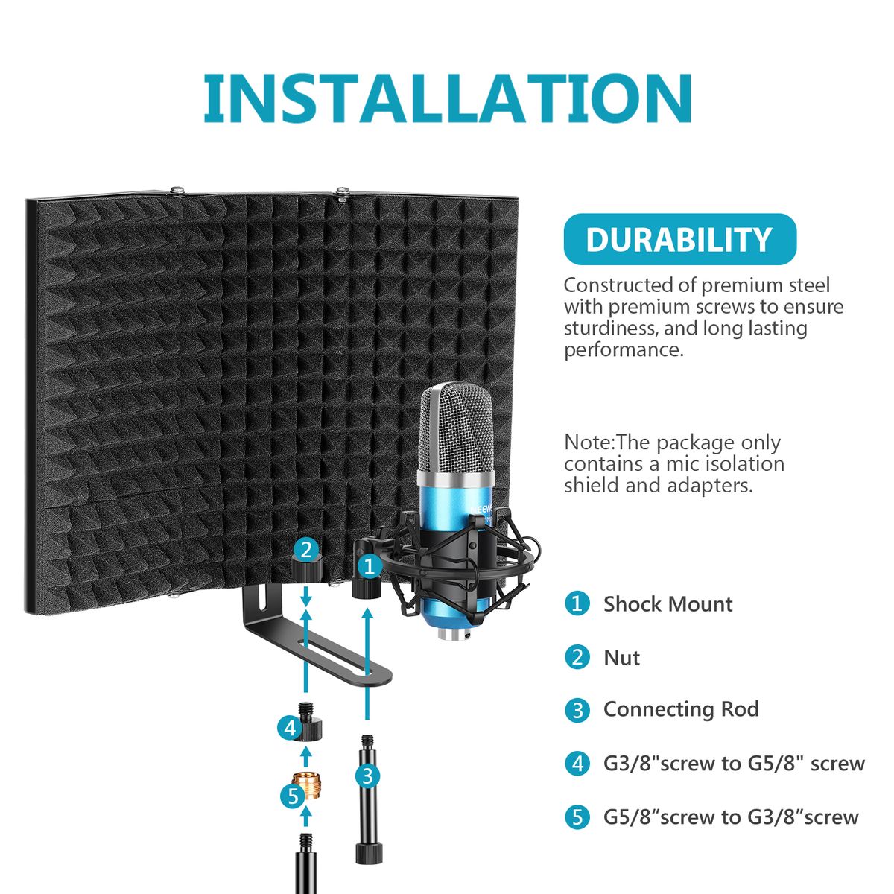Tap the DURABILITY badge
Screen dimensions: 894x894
pos(679,239)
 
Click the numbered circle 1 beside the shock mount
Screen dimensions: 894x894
pos(370,566)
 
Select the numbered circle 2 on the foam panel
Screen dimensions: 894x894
pos(306,551)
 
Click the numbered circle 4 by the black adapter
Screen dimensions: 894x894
pos(290,728)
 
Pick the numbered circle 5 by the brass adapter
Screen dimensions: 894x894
pos(293,796)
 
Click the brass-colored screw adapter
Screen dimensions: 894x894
pos(307,787)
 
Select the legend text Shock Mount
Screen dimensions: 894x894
pos(668,604)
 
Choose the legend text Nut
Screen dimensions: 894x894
pos(621,657)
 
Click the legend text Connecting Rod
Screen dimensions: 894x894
pos(681,709)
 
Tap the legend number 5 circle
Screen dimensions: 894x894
pos(577,817)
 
